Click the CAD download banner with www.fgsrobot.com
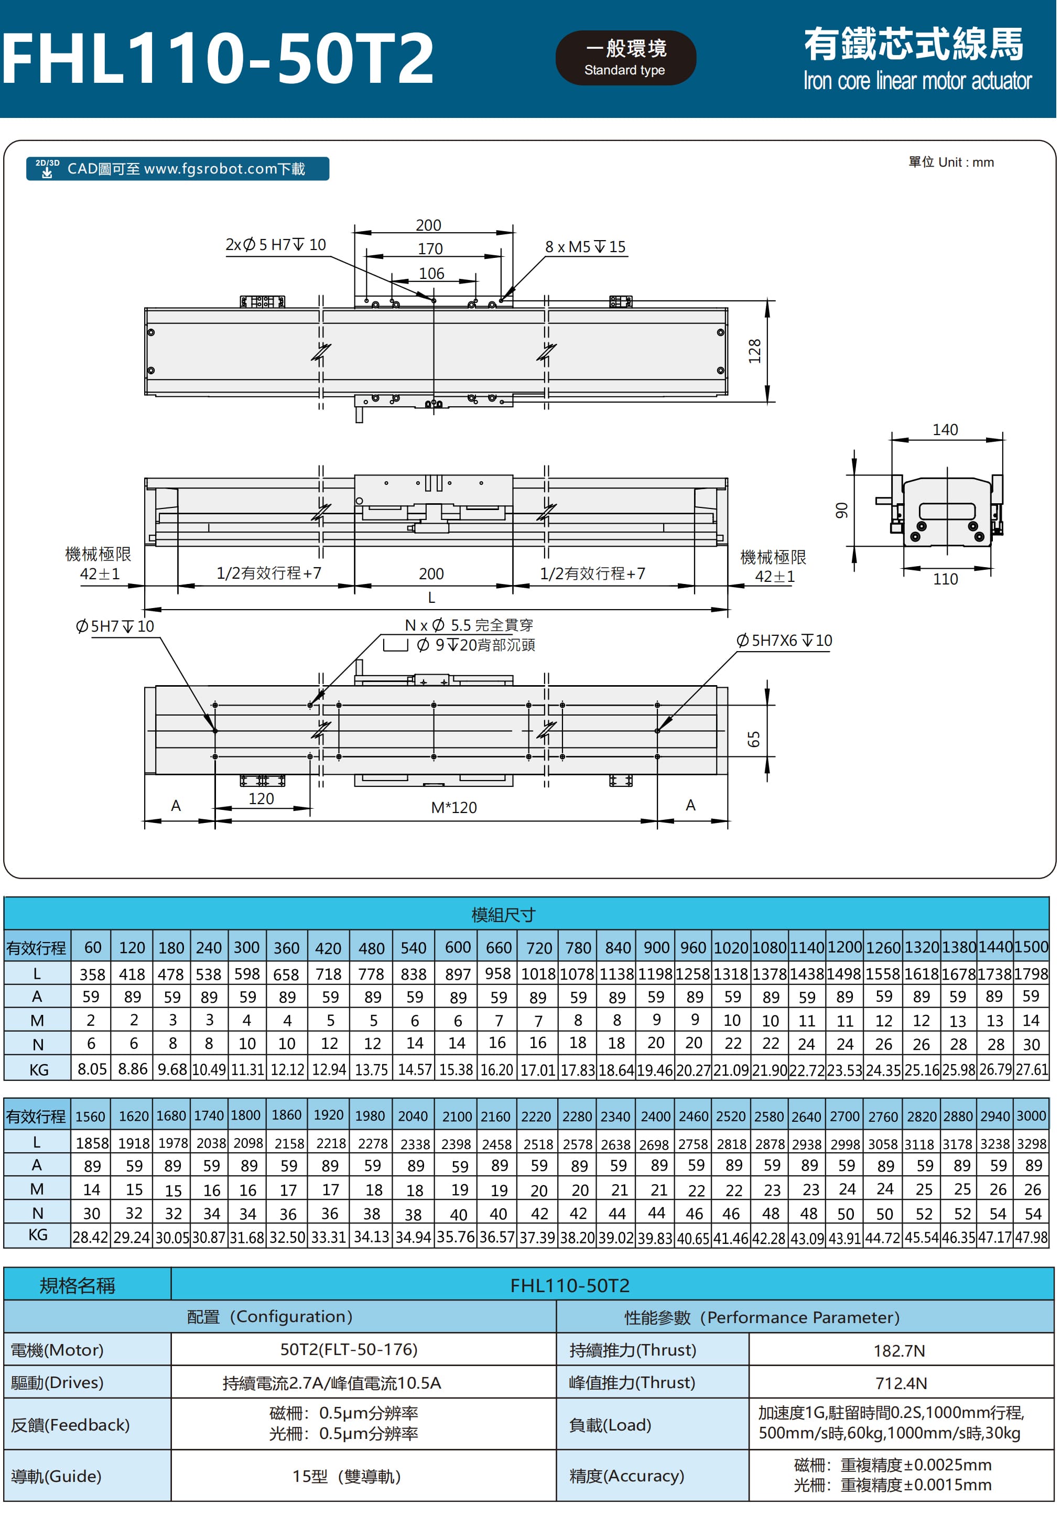click(x=178, y=169)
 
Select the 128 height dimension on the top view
click(x=754, y=351)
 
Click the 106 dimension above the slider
click(x=431, y=273)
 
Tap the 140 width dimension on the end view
click(x=945, y=429)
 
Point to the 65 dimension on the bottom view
click(x=753, y=739)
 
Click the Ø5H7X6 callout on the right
click(x=784, y=640)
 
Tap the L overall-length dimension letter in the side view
click(x=431, y=597)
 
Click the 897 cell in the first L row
click(x=458, y=974)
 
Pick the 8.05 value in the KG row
click(x=92, y=1069)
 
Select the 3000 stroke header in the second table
click(x=1031, y=1116)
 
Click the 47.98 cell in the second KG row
click(x=1031, y=1237)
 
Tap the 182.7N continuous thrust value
click(x=899, y=1350)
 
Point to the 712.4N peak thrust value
click(x=901, y=1383)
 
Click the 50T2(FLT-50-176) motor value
click(x=349, y=1349)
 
